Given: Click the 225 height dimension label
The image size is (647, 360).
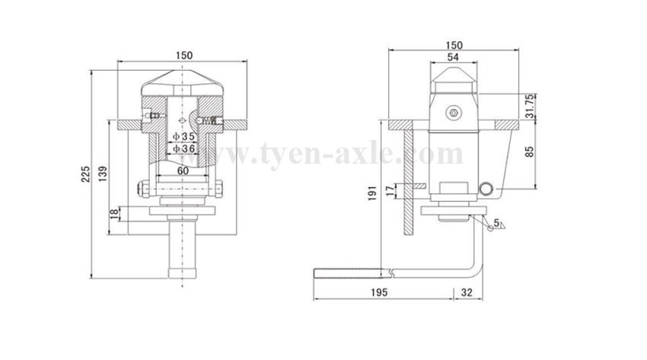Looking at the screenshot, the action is [85, 174].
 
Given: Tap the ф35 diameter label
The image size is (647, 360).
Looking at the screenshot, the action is [183, 136].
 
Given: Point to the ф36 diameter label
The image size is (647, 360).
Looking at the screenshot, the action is [183, 148].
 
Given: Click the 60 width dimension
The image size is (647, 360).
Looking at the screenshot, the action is [183, 170].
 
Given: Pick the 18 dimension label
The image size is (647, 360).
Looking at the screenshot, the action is [114, 214].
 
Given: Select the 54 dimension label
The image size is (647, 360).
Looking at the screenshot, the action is [453, 57].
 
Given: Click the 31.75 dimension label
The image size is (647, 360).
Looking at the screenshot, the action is [531, 106].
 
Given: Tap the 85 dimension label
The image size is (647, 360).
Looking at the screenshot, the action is [530, 151].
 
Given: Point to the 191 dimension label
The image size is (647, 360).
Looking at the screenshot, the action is [372, 193].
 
